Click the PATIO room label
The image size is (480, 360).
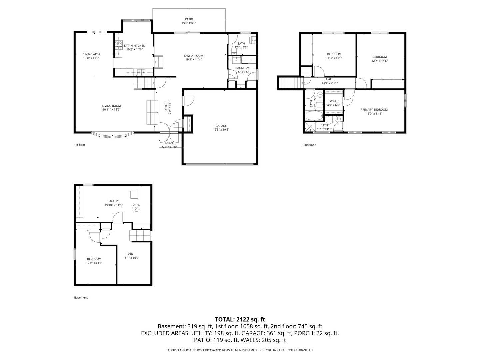coord(189,19)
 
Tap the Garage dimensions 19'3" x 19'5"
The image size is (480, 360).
coord(221,130)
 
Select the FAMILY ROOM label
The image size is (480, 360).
coord(193,56)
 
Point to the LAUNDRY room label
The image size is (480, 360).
coord(242,68)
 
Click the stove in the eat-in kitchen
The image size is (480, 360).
coord(119,46)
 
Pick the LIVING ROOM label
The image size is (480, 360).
coord(111,106)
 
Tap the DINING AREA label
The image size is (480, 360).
coord(91,54)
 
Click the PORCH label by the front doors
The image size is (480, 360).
coord(169,143)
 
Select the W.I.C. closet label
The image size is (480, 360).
coord(333,101)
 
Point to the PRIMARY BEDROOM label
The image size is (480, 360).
coord(374,110)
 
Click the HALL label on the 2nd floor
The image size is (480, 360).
coord(329,79)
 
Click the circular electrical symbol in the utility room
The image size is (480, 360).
coord(136,208)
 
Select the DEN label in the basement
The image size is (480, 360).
coord(130,254)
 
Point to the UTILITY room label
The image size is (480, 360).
coord(113,201)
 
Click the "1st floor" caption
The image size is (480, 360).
coord(80,145)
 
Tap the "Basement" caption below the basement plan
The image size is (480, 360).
coord(81,297)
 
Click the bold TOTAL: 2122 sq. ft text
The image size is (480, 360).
coord(240,319)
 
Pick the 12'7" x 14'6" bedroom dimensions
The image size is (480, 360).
coord(379,61)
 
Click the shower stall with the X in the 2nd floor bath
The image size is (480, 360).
coord(310,127)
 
